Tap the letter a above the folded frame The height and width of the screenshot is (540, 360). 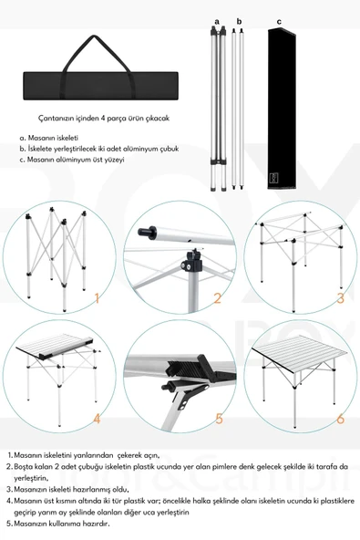pos(217,19)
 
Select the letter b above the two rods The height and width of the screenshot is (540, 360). pos(239,19)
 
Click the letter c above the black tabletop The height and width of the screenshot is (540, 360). pos(279,19)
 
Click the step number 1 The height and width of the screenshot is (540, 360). pos(97,296)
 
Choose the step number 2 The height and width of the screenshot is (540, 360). pos(218,297)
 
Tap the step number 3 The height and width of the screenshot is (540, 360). pos(339,297)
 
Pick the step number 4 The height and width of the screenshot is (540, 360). pos(97,419)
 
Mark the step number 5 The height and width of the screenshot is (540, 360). pos(219,419)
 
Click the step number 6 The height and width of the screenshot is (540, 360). pos(340,419)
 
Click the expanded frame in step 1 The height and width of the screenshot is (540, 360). pos(51,255)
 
